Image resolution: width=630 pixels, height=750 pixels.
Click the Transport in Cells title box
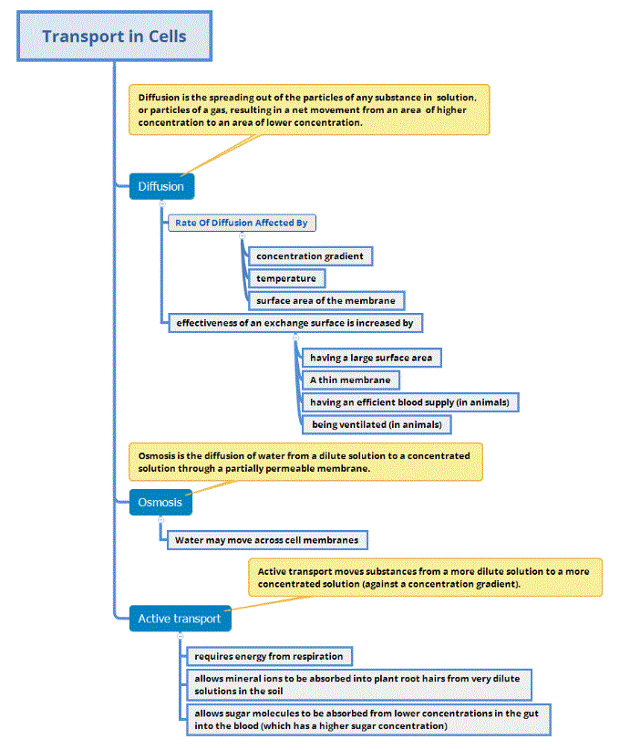(x=114, y=37)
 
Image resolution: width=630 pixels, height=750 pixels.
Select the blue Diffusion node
(x=160, y=186)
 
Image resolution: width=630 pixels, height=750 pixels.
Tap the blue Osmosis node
(x=160, y=502)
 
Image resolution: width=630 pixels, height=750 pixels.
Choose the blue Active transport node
(x=180, y=619)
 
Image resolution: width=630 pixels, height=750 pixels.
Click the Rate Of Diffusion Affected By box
(x=242, y=223)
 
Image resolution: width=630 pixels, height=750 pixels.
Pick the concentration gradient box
(x=310, y=256)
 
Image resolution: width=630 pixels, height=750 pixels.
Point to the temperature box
(x=286, y=278)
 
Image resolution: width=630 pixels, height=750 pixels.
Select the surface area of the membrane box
(x=325, y=300)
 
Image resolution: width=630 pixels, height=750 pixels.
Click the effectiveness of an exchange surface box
(x=295, y=322)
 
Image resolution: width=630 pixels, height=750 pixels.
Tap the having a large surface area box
(x=371, y=358)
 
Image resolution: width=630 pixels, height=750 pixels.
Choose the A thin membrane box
(x=350, y=380)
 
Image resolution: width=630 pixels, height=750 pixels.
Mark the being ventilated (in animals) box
(x=377, y=424)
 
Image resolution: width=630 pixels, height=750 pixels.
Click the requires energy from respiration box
(x=269, y=656)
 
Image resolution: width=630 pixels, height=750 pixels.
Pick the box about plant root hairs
(x=359, y=685)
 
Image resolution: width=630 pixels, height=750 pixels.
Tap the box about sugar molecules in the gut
(x=368, y=719)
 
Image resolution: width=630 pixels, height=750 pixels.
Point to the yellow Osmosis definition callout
(x=305, y=461)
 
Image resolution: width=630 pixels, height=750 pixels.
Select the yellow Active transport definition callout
(x=424, y=578)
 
